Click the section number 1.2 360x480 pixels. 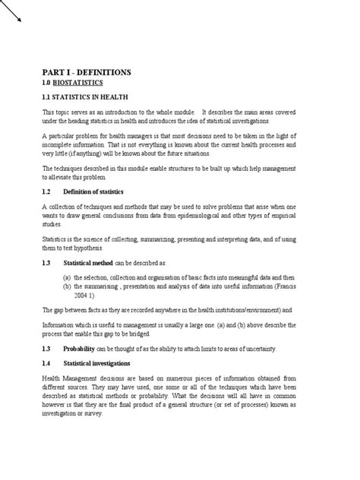pos(46,191)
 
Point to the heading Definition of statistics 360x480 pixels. pos(99,191)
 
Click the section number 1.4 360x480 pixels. pos(46,364)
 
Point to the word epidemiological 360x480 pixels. pos(212,215)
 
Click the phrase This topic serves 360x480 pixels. pos(65,112)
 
